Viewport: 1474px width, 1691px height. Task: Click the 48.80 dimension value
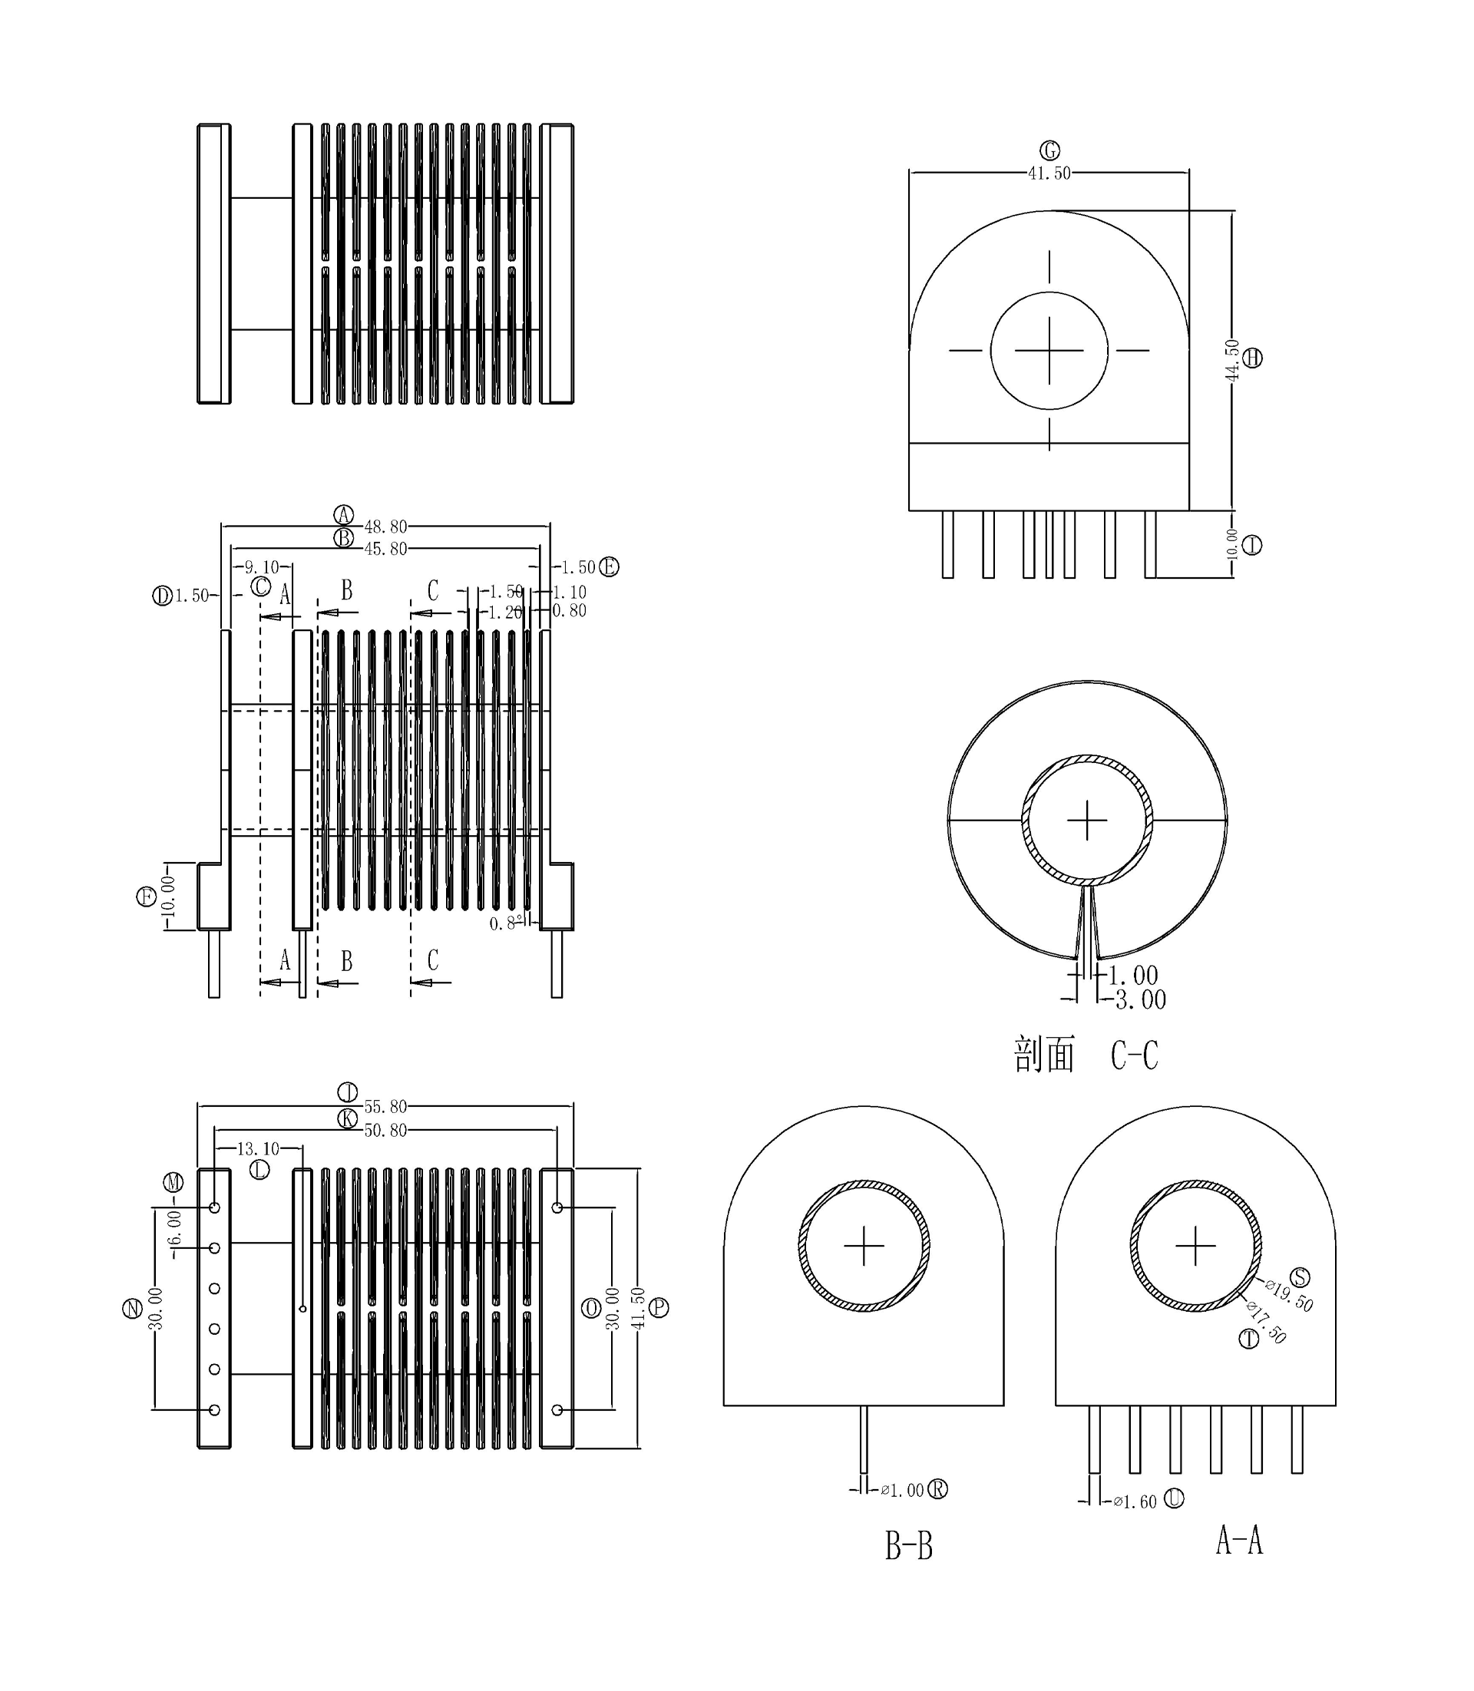[385, 527]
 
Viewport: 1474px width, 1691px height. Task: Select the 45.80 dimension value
[385, 549]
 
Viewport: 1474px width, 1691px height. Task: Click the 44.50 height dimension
[1232, 360]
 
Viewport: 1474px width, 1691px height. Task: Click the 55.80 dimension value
[385, 1107]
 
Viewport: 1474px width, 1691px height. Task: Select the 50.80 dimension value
[385, 1131]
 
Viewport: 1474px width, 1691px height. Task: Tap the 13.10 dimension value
[257, 1149]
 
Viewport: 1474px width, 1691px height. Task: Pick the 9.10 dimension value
[262, 567]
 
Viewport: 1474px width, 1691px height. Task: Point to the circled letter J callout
[348, 1092]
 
